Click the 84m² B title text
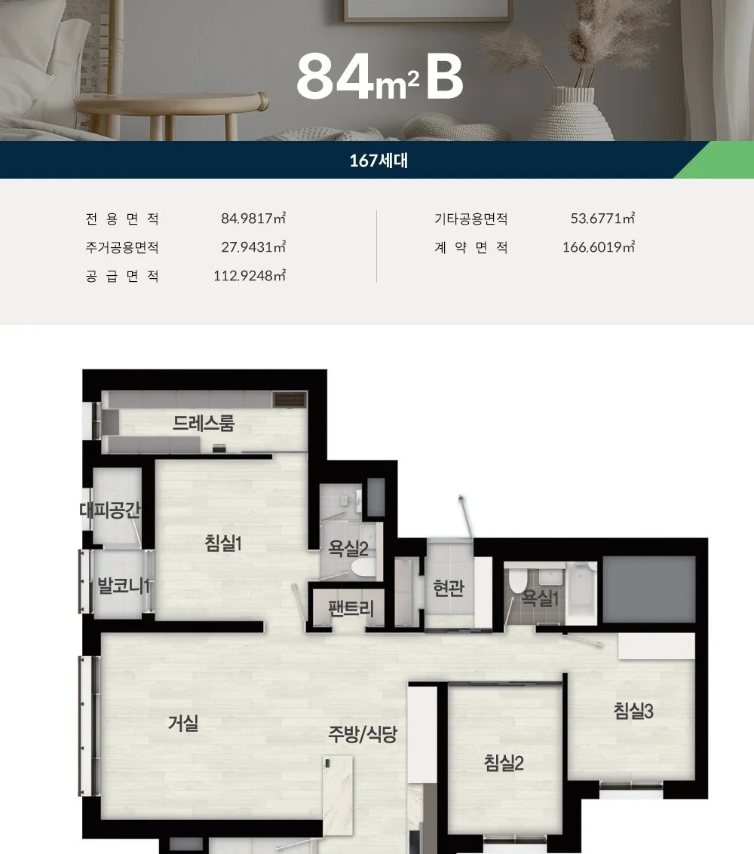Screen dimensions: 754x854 [380, 77]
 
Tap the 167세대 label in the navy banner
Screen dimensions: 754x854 [379, 161]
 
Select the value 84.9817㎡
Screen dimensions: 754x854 [253, 219]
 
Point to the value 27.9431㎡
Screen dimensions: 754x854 [253, 247]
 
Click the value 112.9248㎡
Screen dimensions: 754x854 [250, 276]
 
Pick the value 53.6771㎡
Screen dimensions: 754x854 [602, 219]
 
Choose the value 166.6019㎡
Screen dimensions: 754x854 [599, 247]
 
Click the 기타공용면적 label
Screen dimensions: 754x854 [471, 219]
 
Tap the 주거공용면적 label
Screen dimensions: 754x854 [122, 248]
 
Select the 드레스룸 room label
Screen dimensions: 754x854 [204, 423]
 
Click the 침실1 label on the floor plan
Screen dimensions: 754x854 [223, 543]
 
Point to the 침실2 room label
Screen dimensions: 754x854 [504, 763]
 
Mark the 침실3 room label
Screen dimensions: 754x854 [633, 710]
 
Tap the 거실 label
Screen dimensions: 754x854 [183, 724]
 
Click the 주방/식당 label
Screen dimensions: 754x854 [362, 734]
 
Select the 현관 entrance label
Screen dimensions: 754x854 [449, 588]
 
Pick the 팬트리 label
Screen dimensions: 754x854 [351, 608]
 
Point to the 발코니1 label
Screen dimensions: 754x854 [124, 586]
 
